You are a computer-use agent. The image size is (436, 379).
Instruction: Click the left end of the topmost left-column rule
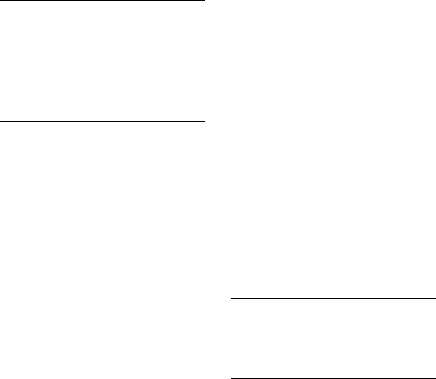pos(0,1)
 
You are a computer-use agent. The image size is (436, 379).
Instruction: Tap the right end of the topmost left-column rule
pos(205,1)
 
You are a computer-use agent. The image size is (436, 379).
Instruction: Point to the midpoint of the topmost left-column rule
pos(103,1)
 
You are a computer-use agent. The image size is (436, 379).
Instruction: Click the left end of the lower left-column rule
pos(0,121)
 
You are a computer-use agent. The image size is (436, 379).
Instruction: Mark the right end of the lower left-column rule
pos(205,121)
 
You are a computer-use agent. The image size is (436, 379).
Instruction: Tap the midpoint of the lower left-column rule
pos(103,121)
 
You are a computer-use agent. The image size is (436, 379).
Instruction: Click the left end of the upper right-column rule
pos(231,299)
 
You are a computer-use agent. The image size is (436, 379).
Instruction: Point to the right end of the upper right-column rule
pos(435,299)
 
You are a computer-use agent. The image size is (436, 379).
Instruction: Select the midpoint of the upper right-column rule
pos(333,299)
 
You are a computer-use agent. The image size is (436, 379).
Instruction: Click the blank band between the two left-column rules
pos(103,61)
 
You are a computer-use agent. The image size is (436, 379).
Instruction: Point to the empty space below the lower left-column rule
pos(103,248)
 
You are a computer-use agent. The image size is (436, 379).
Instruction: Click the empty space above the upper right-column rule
pos(333,149)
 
